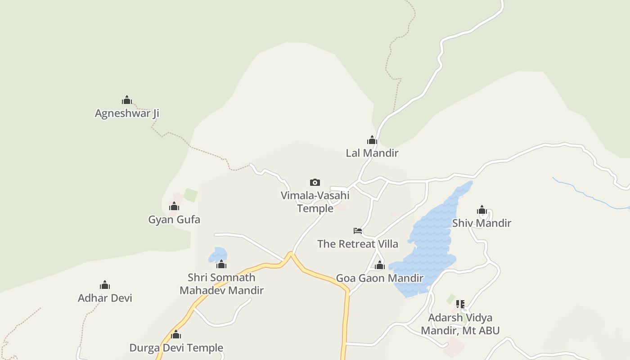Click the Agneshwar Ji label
point(127,113)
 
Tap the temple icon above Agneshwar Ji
point(127,100)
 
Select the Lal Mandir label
point(372,153)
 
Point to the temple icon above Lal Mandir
point(372,140)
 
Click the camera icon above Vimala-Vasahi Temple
point(315,182)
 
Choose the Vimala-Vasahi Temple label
point(315,202)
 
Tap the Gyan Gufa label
point(174,220)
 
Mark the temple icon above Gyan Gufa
point(174,207)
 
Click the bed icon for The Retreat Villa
point(358,231)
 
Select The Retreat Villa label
point(358,244)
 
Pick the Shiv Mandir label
point(482,223)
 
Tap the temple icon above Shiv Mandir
point(482,210)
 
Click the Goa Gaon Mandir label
point(380,278)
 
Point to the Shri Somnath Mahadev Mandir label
point(221,284)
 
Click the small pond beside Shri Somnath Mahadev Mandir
point(218,254)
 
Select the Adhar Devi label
point(105,298)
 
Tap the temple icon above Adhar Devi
point(105,285)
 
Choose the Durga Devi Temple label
point(176,348)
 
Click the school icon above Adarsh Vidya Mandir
point(460,304)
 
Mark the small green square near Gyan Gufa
point(191,195)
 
